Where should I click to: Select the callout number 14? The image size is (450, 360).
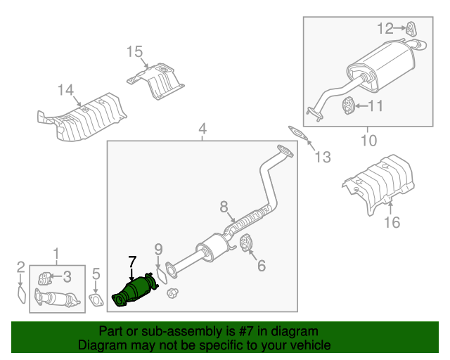[x=65, y=90]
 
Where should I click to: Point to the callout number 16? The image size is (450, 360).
[x=391, y=223]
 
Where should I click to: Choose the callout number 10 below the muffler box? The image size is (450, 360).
[x=368, y=140]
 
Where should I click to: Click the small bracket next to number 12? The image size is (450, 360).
[x=410, y=28]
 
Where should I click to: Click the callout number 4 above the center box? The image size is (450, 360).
[x=202, y=129]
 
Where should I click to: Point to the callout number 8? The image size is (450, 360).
[x=224, y=207]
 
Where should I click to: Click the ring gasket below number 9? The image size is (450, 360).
[x=161, y=273]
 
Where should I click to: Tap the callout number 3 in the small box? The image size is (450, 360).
[x=67, y=276]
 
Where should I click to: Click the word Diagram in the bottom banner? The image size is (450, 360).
[x=98, y=345]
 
